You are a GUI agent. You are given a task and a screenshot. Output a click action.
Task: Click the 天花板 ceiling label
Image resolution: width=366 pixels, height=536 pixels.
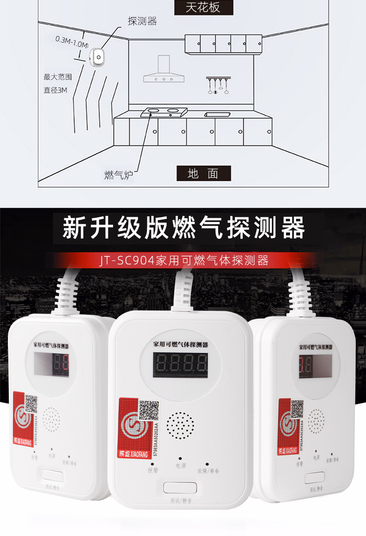click(x=203, y=8)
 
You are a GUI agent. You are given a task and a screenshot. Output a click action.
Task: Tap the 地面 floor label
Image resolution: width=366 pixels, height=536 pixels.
click(x=203, y=174)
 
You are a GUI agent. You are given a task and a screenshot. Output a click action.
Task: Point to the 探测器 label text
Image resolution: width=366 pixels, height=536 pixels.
click(x=142, y=21)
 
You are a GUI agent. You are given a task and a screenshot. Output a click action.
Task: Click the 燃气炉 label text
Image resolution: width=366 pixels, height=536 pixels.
click(x=119, y=175)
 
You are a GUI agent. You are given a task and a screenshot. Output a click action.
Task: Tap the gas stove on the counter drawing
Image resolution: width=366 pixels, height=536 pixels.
click(x=164, y=111)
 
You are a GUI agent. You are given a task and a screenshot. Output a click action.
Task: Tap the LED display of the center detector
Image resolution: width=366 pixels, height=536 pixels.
click(x=180, y=365)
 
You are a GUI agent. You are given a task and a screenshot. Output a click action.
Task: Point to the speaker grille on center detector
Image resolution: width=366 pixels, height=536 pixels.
click(x=180, y=425)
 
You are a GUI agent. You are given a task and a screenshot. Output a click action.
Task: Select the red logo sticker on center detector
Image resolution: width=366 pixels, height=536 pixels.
click(x=137, y=429)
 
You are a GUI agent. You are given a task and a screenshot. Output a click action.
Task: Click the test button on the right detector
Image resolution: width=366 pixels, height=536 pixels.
click(x=315, y=478)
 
